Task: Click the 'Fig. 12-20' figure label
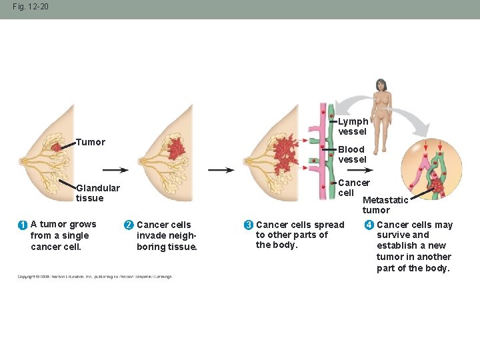coord(30,7)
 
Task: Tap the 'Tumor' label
coord(90,142)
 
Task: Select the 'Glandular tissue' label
coord(97,193)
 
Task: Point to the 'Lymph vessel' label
coord(353,126)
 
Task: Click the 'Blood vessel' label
coord(352,154)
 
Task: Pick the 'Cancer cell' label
coord(353,187)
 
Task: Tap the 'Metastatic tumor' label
coord(385,205)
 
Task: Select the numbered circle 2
coord(129,225)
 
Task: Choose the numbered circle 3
coord(248,225)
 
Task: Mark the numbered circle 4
coord(369,225)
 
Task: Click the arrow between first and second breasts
coord(115,170)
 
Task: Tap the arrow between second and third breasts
coord(221,170)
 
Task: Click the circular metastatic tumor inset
coord(431,169)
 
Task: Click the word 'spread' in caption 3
coord(330,225)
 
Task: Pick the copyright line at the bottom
coord(94,276)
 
